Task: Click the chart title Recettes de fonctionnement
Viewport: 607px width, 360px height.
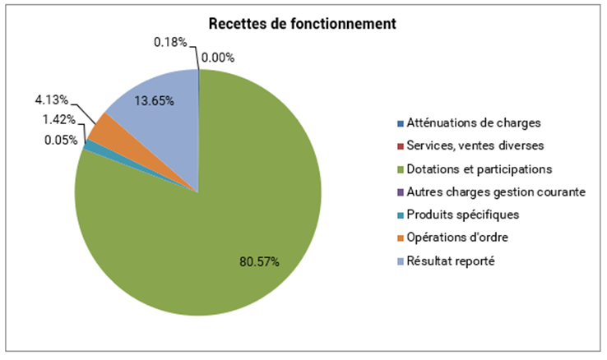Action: (x=303, y=24)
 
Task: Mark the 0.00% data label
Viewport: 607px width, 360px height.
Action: (x=219, y=58)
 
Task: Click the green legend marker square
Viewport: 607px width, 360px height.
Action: (x=401, y=169)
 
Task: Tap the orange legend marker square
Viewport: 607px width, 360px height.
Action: (x=401, y=238)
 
